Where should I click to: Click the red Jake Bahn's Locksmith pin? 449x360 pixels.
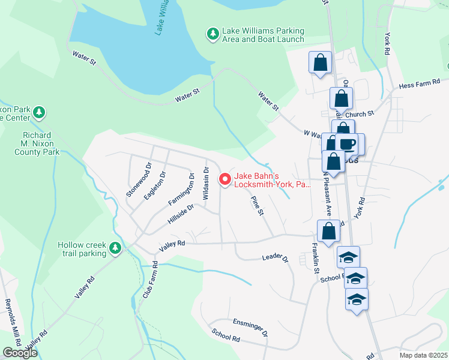pos(225,179)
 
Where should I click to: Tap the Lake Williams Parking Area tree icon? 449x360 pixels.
pos(212,34)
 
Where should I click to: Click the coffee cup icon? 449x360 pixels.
pos(348,144)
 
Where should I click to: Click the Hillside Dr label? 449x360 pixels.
pos(182,215)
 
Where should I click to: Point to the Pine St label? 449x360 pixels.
pos(258,206)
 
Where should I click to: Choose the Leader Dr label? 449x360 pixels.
pos(276,258)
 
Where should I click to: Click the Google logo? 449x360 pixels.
pos(20,353)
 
